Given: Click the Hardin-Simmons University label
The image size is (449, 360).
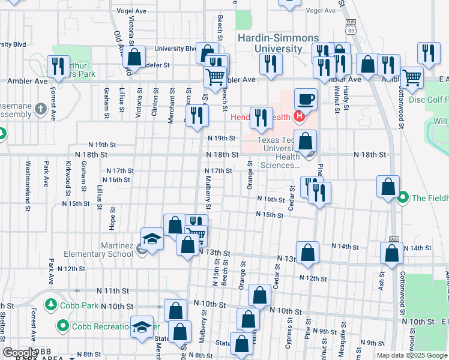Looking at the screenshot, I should point(270,43).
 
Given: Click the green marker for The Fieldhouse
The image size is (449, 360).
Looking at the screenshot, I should point(403,197).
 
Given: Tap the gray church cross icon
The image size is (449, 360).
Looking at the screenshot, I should point(40,109).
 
